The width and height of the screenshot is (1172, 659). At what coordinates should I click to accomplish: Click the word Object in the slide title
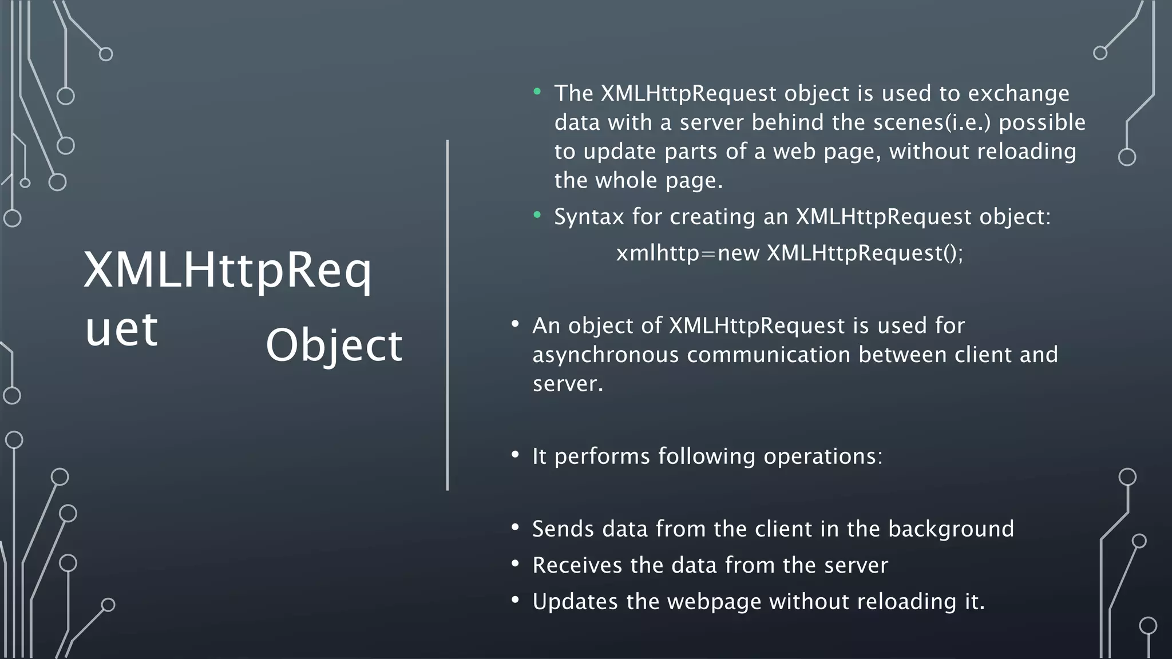click(334, 345)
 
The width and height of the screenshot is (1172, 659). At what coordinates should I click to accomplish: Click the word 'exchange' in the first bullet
click(1018, 94)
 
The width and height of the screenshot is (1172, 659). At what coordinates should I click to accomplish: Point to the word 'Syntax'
click(589, 217)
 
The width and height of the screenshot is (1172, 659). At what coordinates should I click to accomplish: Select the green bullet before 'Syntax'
click(537, 215)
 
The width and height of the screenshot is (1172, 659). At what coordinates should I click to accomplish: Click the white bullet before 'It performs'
click(515, 455)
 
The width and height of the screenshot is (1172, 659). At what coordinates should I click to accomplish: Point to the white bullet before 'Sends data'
click(515, 527)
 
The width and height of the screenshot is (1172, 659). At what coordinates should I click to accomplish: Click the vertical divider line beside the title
click(448, 315)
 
